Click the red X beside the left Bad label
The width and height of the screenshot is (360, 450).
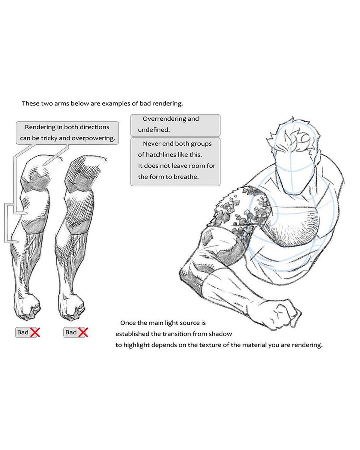35,332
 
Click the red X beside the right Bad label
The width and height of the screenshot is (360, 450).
83,332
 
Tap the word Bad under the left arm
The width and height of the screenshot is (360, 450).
23,332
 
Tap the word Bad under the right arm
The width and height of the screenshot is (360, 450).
71,332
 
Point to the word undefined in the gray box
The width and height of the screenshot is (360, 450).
153,130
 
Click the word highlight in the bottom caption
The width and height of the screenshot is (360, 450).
136,345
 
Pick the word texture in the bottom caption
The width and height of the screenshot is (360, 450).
210,345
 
